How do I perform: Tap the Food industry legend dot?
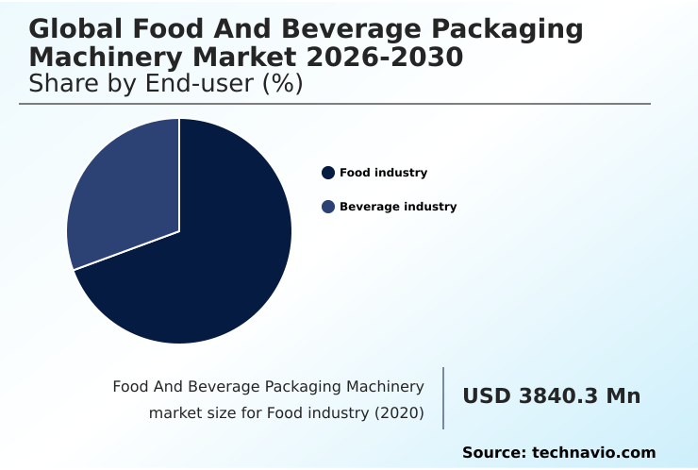point(328,173)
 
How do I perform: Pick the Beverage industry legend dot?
point(328,207)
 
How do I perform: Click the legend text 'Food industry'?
point(383,173)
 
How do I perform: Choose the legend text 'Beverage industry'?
point(398,207)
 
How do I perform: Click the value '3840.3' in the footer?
point(558,396)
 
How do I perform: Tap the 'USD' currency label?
point(486,396)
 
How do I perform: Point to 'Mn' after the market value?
point(623,396)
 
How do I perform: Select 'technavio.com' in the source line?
point(594,453)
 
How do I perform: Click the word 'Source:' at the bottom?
point(494,453)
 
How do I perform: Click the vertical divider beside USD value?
point(443,398)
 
